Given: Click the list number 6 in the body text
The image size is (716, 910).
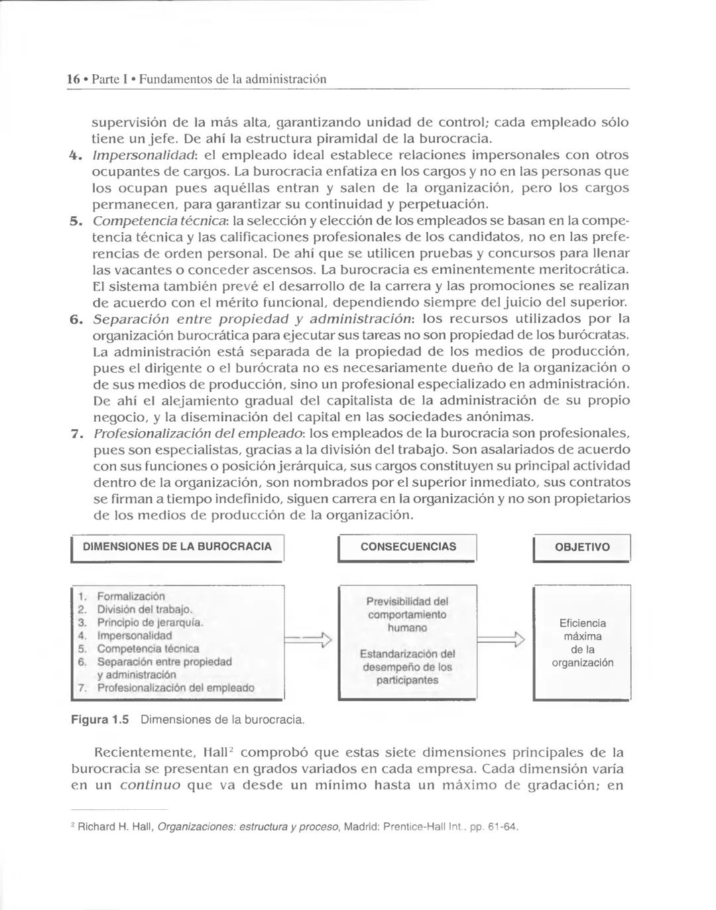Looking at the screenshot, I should coord(76,319).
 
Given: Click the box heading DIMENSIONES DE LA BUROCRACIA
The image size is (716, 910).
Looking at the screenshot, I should coord(177,547).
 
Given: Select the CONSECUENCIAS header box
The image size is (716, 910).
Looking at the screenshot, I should coord(408,547).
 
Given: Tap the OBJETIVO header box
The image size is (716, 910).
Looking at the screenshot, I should coord(581,547).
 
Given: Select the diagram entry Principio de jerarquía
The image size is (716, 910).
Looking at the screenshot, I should coord(149,623).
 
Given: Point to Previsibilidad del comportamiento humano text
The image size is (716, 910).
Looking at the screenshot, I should coord(407,614).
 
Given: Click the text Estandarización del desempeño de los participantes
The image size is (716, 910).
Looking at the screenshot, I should coord(407,667).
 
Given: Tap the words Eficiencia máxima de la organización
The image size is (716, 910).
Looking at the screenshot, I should coord(582,643).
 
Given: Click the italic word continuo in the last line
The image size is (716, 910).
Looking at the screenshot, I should coord(150,786).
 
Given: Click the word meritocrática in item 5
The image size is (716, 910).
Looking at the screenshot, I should coord(583,270).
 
